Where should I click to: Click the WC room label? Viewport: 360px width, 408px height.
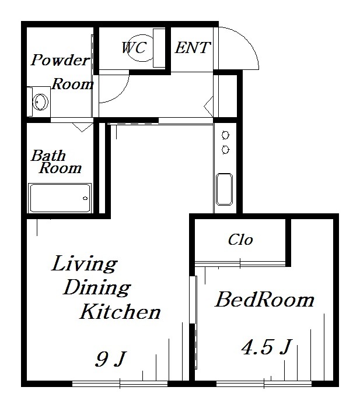click(134, 48)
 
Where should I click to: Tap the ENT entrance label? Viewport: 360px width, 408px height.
click(193, 48)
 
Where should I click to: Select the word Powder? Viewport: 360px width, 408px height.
click(61, 61)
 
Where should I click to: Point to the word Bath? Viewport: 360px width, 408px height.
click(48, 156)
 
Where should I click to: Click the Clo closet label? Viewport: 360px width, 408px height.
click(240, 240)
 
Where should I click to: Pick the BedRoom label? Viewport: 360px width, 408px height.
click(264, 300)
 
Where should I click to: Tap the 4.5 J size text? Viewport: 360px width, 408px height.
click(266, 347)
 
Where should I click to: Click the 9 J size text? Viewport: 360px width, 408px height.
click(110, 359)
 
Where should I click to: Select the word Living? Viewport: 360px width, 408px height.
click(84, 264)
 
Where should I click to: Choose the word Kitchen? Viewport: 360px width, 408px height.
click(120, 311)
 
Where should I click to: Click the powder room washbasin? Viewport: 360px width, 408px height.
click(40, 102)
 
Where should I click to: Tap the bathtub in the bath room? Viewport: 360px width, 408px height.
click(60, 198)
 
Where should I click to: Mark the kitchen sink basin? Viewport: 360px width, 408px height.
click(224, 189)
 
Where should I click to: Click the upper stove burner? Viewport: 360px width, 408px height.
click(225, 135)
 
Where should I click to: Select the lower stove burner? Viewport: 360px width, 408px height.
click(225, 150)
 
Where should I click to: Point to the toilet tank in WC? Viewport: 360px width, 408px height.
click(159, 48)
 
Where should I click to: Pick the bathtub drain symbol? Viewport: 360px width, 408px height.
click(85, 198)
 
